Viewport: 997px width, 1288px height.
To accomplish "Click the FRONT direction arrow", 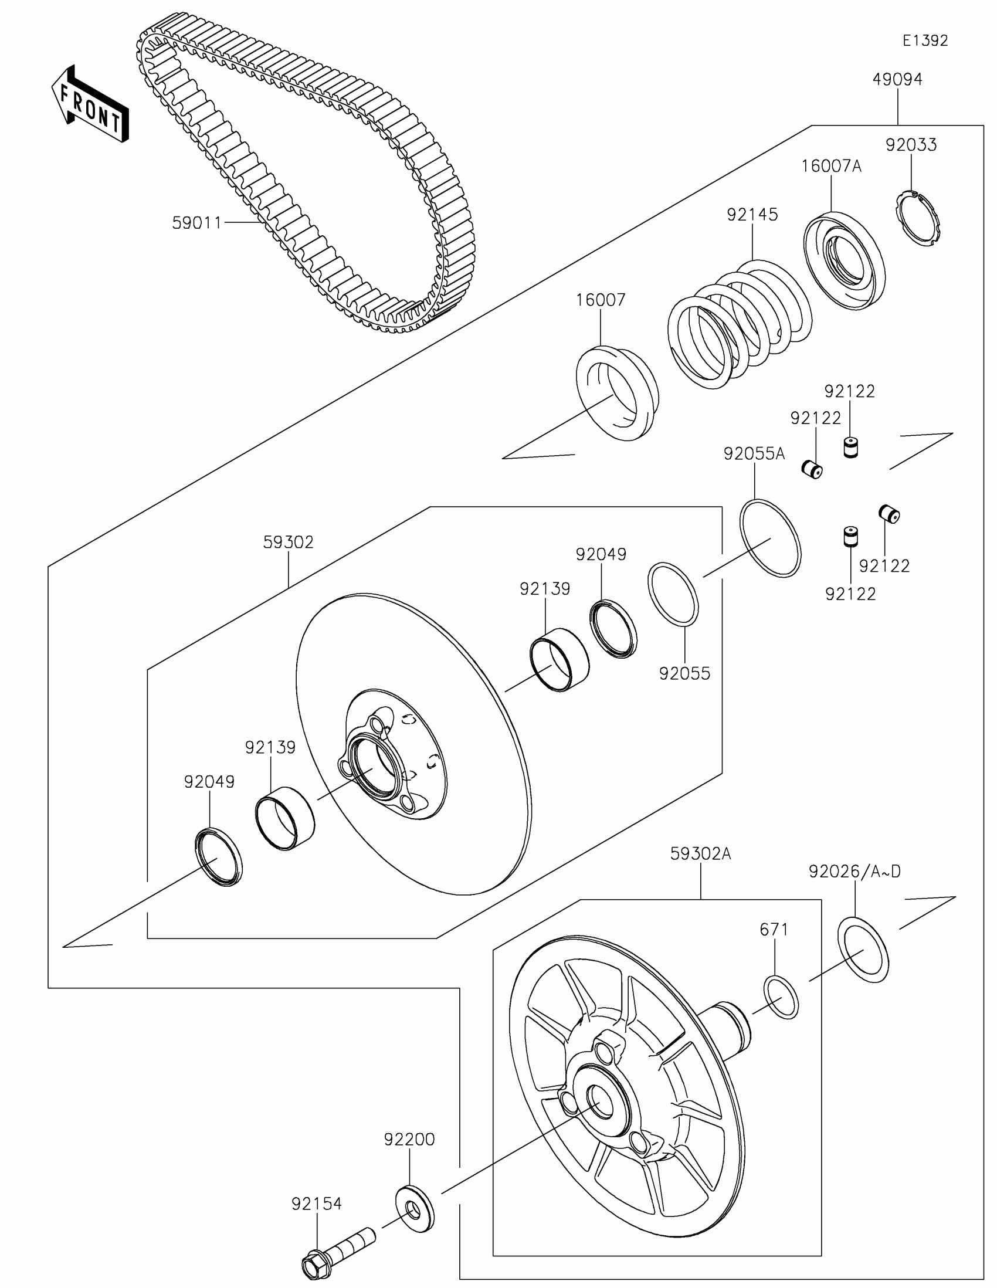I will tap(90, 104).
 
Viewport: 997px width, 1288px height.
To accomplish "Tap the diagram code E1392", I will tap(924, 40).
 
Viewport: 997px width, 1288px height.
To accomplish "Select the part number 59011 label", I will tap(196, 223).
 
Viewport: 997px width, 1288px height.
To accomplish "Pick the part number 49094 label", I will tap(897, 80).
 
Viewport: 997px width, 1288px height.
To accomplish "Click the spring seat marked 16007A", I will tap(845, 259).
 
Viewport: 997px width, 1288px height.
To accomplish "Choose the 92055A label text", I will tap(754, 453).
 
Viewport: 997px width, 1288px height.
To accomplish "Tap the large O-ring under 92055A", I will tap(770, 538).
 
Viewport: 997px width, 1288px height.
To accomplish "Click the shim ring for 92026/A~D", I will tap(863, 951).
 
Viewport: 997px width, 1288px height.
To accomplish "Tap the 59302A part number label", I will tap(700, 854).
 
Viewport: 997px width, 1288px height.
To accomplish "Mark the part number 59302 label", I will tap(289, 542).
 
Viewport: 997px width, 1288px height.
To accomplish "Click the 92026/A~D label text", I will tap(854, 872).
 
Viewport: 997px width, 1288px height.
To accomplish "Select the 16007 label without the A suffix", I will tap(600, 300).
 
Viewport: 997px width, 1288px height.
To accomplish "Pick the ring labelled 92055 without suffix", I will tap(673, 594).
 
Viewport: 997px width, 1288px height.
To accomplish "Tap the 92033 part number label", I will tap(911, 145).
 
